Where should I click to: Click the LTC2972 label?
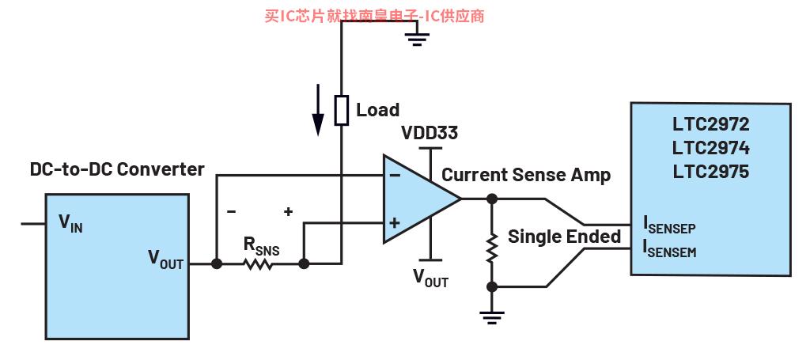(710, 124)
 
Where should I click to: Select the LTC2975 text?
(710, 172)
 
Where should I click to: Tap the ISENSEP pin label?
(669, 225)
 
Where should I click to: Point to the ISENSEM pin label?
(669, 248)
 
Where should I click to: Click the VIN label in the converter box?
(70, 224)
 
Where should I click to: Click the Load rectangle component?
(342, 110)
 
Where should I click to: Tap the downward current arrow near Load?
(318, 109)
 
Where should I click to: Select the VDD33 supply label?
(430, 133)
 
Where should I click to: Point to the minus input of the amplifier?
(395, 175)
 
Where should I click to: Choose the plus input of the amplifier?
(395, 223)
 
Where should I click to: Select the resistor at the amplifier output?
(492, 247)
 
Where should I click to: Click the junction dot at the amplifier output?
(492, 199)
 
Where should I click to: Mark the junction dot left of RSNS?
(217, 264)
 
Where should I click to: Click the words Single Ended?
(565, 237)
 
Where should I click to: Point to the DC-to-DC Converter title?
(117, 169)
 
